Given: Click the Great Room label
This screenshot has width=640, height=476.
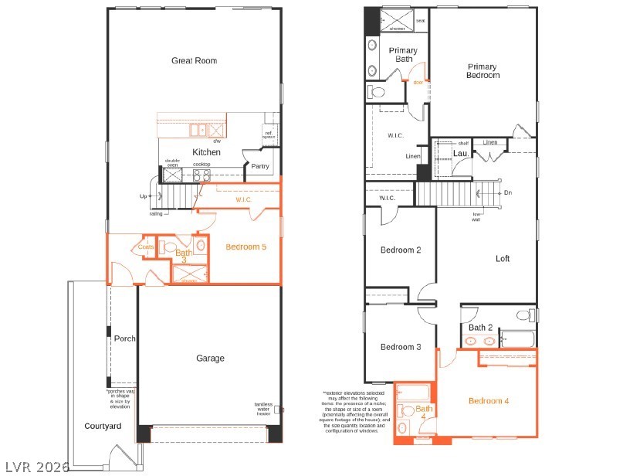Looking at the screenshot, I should point(194,60).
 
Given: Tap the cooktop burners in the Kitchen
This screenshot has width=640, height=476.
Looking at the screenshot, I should point(201,174).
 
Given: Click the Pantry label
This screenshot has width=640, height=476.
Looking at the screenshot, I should point(260,166).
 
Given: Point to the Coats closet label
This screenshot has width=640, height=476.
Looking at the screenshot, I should point(146,247).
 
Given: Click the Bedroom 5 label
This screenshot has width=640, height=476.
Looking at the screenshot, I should point(246,247).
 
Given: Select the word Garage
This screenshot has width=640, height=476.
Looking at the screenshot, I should point(210,358).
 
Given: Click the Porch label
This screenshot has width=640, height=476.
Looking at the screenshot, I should point(124,338).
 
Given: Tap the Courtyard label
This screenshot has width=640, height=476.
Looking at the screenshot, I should point(103,426).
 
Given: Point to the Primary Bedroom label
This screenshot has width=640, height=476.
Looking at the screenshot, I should point(483,71).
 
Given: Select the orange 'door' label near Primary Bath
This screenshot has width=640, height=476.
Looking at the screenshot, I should point(418,82).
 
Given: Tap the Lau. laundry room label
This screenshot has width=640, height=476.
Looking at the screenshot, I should point(460,153).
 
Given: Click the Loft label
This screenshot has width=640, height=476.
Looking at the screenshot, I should point(502,259).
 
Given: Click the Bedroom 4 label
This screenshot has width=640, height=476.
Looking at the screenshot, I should point(489,400).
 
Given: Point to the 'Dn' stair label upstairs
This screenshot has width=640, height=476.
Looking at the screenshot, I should point(507,192).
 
